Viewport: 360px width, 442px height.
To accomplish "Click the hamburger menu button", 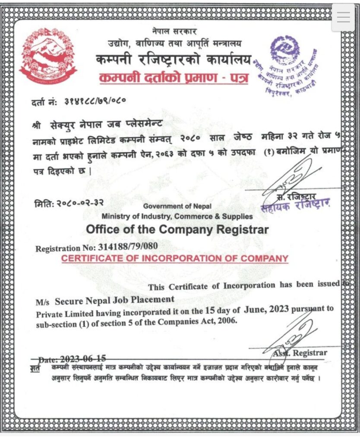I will pyautogui.click(x=344, y=17).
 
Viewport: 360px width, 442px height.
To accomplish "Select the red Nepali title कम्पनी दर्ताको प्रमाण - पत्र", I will pyautogui.click(x=174, y=78).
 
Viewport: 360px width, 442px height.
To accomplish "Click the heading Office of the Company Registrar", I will pyautogui.click(x=177, y=229).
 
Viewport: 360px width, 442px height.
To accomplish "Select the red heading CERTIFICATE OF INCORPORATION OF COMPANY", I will pyautogui.click(x=174, y=259).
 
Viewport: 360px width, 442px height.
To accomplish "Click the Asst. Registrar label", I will pyautogui.click(x=300, y=353).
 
